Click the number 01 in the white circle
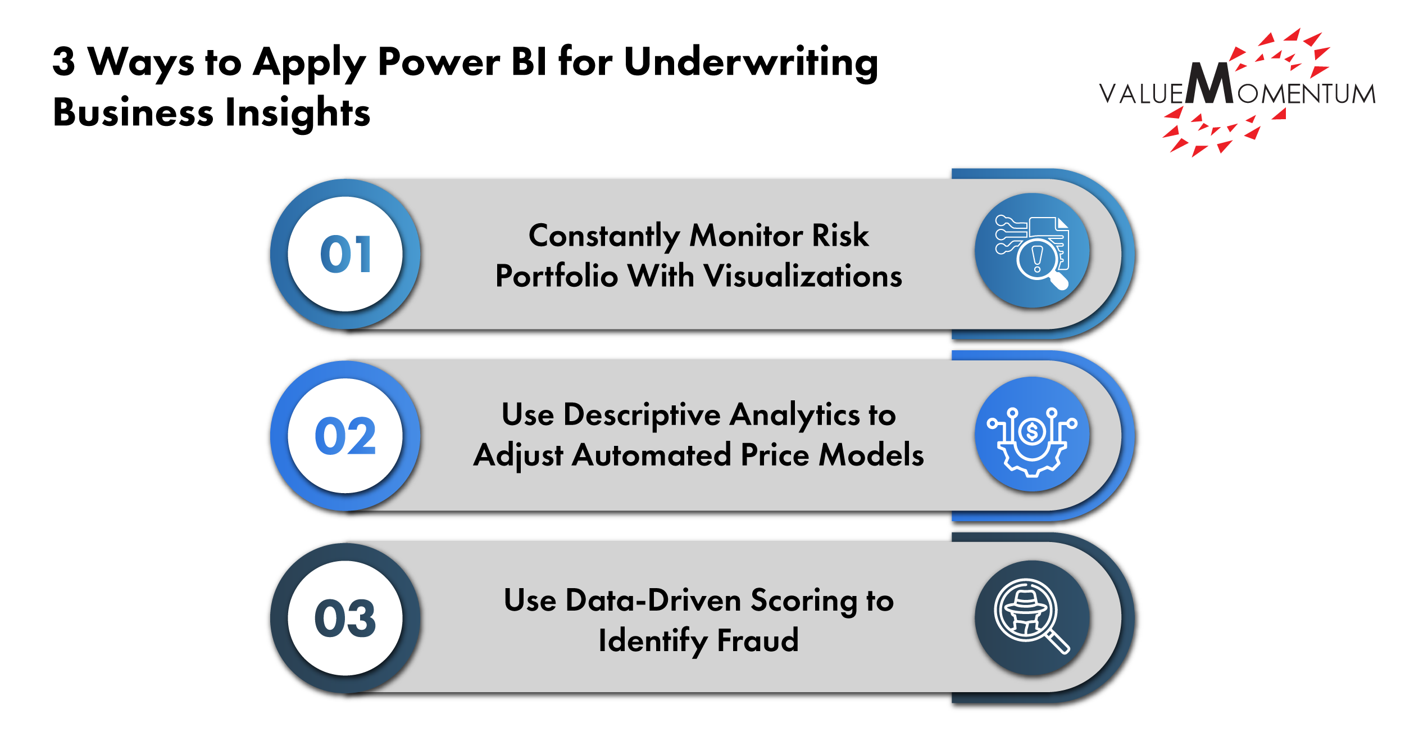345,254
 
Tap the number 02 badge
345,436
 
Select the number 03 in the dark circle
345,618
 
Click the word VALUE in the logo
1141,93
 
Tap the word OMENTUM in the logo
1306,94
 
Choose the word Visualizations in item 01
803,276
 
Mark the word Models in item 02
871,455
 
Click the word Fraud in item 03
758,640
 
